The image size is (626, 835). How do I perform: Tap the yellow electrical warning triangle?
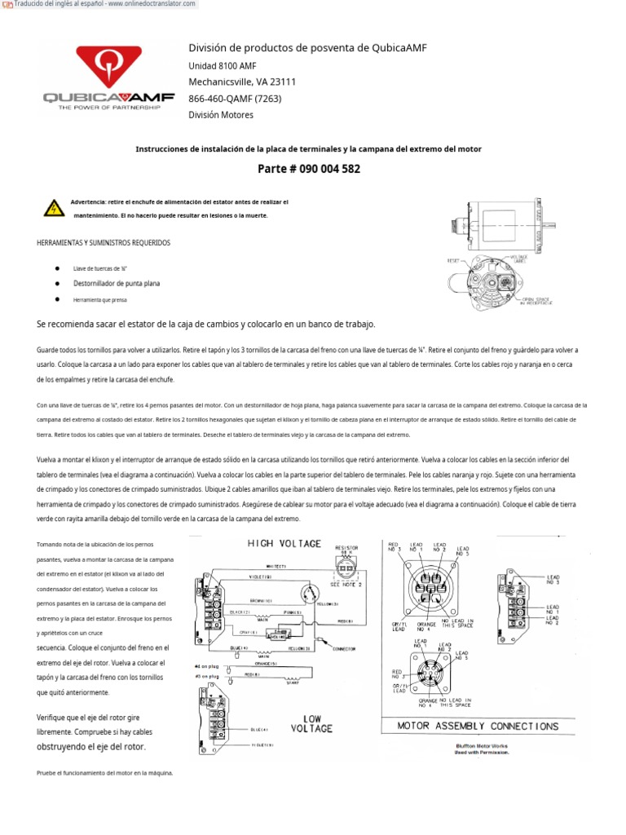pyautogui.click(x=54, y=208)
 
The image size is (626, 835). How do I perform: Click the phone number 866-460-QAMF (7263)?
pyautogui.click(x=236, y=99)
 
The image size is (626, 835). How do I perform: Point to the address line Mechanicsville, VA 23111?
pyautogui.click(x=242, y=82)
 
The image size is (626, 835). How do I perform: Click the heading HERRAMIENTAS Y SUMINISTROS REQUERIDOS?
pyautogui.click(x=104, y=243)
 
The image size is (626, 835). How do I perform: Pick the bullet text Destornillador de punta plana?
pyautogui.click(x=117, y=284)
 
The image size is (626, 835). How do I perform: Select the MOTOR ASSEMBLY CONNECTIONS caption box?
pyautogui.click(x=478, y=726)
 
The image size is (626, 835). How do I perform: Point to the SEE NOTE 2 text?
pyautogui.click(x=347, y=584)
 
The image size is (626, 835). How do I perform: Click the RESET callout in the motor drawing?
pyautogui.click(x=453, y=261)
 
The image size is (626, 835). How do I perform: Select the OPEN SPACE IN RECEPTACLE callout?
pyautogui.click(x=537, y=300)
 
